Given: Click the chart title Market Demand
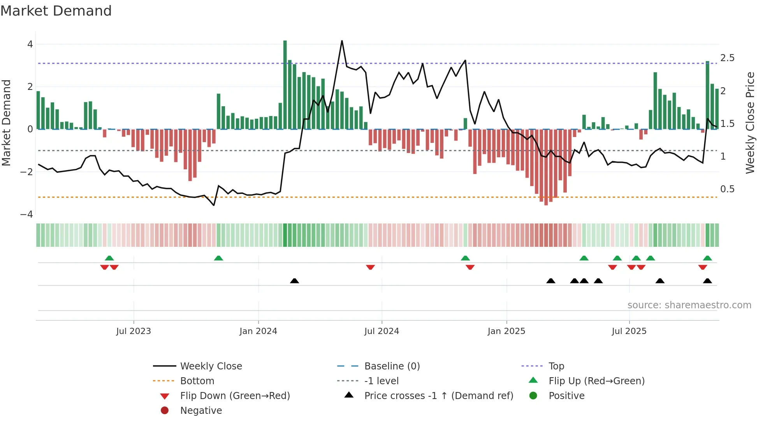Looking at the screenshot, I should pos(56,11).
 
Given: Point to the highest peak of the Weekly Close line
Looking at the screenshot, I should pos(342,41).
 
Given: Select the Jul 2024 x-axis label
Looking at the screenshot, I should pos(381,331).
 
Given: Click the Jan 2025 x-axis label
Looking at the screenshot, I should pos(506,331).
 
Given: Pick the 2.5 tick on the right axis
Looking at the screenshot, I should pos(727,58).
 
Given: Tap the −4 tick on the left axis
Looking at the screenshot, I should pos(27,214).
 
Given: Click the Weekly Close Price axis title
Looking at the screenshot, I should pos(750,123).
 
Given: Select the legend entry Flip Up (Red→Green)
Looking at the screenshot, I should pos(596,381).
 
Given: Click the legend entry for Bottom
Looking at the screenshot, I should pos(197,381).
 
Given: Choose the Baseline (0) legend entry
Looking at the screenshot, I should pos(392,366).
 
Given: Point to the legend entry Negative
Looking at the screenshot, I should pos(201,410).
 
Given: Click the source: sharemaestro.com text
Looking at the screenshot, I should pos(689,305).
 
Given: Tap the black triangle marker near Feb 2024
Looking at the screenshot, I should pos(294,281).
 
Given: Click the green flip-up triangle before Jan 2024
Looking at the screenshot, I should pos(218,258).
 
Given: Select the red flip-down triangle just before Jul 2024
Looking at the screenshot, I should pos(370,267).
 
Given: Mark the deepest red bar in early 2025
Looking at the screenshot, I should pos(546,167).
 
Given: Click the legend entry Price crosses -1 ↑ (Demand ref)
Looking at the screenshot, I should pos(438,396).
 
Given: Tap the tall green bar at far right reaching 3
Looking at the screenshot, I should pos(707,95).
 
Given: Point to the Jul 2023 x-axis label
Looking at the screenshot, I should pos(134,331).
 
